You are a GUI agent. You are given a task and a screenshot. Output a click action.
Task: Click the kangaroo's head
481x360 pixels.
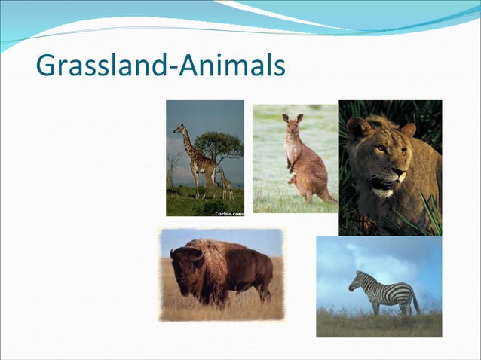point(292,126)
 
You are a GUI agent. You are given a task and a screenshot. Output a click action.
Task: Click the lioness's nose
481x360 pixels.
point(398,176)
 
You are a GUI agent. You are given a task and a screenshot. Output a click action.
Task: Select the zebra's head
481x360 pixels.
point(354,282)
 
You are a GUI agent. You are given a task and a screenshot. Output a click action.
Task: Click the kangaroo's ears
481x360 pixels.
point(292,117)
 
